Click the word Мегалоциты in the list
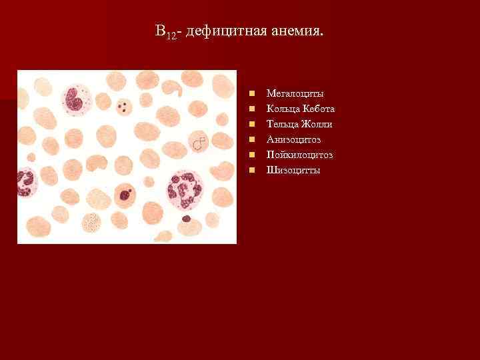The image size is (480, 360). coord(295,93)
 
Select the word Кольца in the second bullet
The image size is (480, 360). coord(281,109)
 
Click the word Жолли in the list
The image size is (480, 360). coord(319,124)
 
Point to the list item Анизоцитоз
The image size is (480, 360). coord(293,139)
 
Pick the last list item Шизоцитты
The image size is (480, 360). coord(293,170)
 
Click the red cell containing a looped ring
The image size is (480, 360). coord(198,142)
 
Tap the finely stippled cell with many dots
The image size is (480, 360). coord(92,222)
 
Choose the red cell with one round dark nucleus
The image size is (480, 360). coord(125,195)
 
